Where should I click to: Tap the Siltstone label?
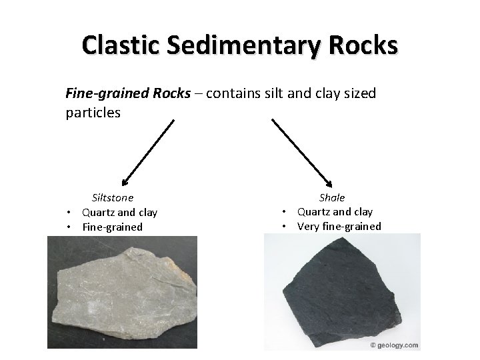[112, 197]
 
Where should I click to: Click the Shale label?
[332, 197]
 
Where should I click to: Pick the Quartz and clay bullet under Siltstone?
[119, 212]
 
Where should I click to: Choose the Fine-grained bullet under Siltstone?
[112, 227]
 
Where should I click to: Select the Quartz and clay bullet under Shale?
[335, 212]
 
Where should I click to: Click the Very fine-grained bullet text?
[339, 227]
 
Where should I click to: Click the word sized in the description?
[361, 93]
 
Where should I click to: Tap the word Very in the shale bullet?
[308, 227]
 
